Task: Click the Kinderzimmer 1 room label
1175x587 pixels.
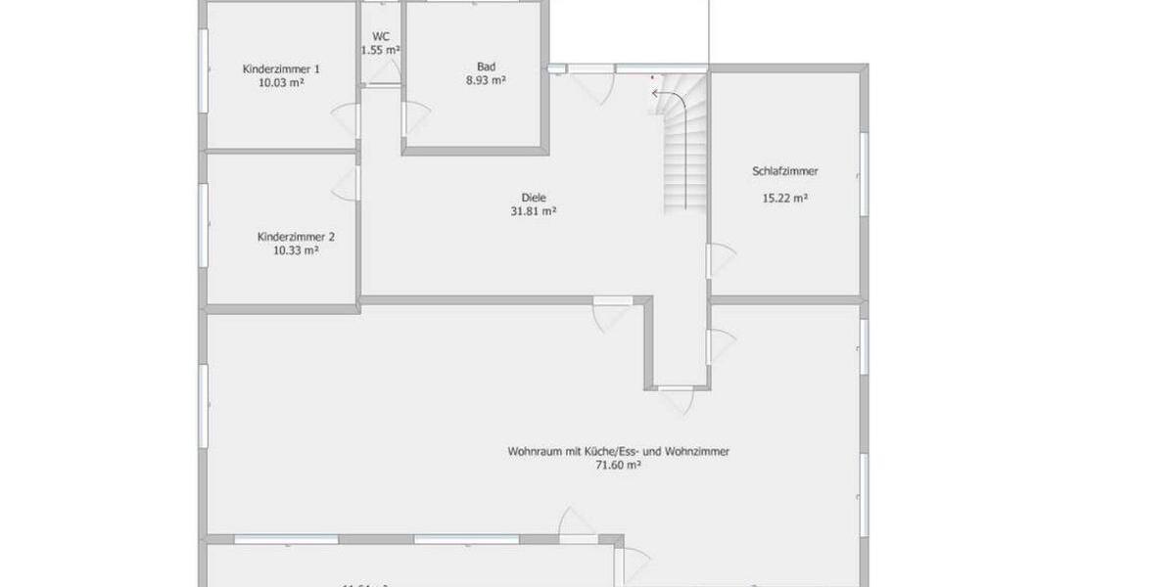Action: (x=282, y=69)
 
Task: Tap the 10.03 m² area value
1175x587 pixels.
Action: (x=282, y=83)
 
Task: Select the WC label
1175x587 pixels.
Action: (x=381, y=36)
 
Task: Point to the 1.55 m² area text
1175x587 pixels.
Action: (x=380, y=50)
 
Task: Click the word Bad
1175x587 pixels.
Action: (x=486, y=67)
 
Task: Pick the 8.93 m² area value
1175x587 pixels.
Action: (x=486, y=81)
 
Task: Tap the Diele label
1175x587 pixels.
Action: (x=534, y=196)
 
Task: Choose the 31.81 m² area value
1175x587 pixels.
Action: (x=534, y=210)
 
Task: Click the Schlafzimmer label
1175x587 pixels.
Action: (x=785, y=171)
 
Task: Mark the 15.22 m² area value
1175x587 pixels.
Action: (x=785, y=198)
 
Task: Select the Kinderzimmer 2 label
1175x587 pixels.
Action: (x=297, y=237)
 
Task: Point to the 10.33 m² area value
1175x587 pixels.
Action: (x=297, y=250)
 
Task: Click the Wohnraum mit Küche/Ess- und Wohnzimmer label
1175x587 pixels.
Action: (x=619, y=452)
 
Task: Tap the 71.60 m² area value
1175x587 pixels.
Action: (x=619, y=467)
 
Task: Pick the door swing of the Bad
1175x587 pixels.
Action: (x=416, y=119)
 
